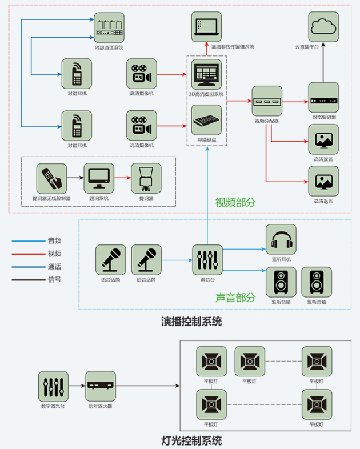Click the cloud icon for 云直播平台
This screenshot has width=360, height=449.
coord(323,26)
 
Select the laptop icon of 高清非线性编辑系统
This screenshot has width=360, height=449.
coord(206,26)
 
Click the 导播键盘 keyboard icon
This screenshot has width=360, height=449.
coord(206,119)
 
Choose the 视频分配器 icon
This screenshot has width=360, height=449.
coord(267,101)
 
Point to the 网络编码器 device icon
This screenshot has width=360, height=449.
coord(323,101)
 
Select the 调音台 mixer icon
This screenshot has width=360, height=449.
coord(206,259)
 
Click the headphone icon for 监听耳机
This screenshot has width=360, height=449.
coord(281,239)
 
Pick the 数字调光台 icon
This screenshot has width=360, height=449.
coord(53,387)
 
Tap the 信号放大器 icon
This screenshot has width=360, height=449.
coord(101,387)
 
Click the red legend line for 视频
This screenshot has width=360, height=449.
coord(27,254)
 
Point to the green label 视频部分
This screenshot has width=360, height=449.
coord(235,202)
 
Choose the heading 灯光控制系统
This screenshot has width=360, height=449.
coord(191,440)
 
